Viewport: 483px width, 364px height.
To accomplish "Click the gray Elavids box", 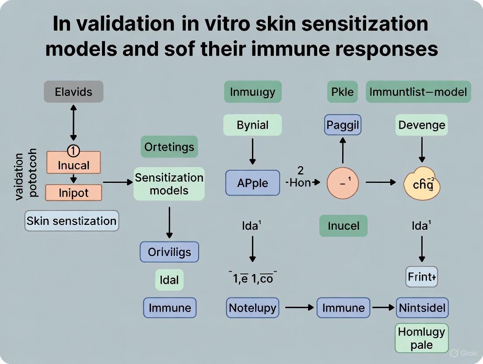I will [x=73, y=92].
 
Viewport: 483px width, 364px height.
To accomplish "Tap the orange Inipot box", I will [x=73, y=192].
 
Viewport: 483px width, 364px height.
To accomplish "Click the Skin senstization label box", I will [x=72, y=221].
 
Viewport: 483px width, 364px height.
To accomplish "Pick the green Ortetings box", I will [x=169, y=147].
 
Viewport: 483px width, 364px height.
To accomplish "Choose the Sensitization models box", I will [x=169, y=184].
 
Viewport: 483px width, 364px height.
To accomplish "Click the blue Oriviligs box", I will [x=169, y=252].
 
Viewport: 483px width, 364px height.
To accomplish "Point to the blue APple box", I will [x=252, y=182].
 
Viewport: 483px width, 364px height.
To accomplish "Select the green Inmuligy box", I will [x=252, y=92].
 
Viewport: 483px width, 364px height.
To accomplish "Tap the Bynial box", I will [x=252, y=125].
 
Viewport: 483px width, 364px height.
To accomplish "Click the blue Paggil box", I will [x=343, y=125].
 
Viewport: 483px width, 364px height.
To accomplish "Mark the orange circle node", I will [x=343, y=182].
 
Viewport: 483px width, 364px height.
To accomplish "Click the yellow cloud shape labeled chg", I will [x=421, y=184].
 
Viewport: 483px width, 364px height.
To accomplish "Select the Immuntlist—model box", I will [x=418, y=92].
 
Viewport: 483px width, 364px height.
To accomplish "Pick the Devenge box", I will [x=421, y=125].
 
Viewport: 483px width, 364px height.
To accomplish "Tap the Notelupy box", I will [x=252, y=308].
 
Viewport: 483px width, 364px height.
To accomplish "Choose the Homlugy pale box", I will [x=421, y=338].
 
